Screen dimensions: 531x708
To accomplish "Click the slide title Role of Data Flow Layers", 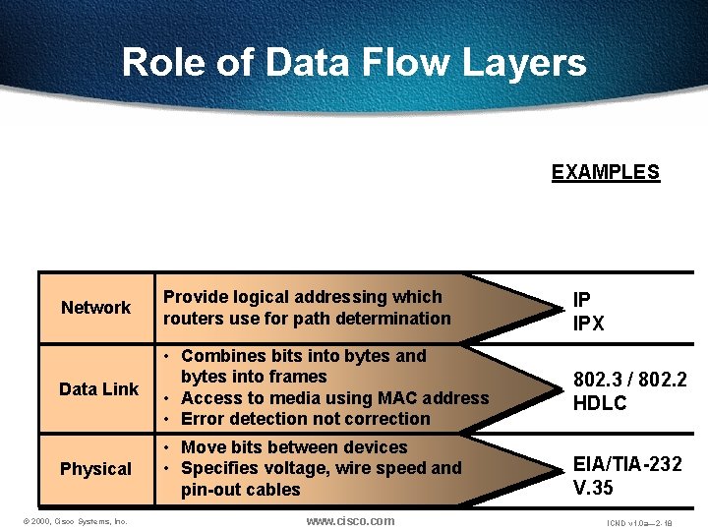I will [354, 63].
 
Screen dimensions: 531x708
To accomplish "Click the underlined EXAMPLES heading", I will [605, 172].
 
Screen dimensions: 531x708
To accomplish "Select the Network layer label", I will [95, 308].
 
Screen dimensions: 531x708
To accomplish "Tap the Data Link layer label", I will [98, 388].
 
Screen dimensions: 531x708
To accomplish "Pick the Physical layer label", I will [95, 469].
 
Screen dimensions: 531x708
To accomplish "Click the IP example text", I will [583, 303].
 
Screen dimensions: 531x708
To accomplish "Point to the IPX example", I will [589, 324].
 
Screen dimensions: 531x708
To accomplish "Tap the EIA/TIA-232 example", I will [628, 464].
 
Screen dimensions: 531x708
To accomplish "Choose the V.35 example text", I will [595, 486].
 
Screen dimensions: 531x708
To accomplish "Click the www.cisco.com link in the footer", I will [350, 520].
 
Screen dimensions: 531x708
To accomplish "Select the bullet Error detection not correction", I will [305, 419].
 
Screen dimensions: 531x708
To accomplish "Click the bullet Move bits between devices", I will [294, 447].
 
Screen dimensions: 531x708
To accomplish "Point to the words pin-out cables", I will [241, 490].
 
